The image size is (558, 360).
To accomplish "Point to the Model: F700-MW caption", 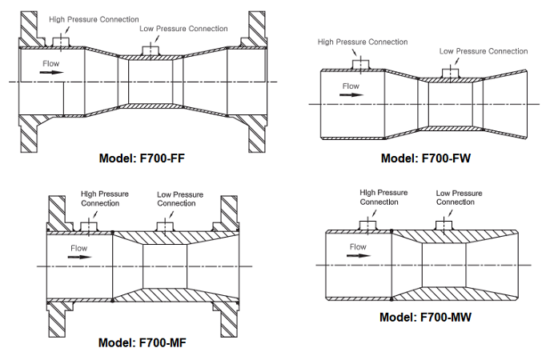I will [x=425, y=317].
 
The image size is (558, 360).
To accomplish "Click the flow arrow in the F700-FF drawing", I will [x=51, y=72].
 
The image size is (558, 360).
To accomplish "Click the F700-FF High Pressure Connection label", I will [x=94, y=18].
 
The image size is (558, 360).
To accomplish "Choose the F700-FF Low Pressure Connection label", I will [x=183, y=29].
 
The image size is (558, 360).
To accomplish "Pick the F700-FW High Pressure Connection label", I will [x=363, y=42].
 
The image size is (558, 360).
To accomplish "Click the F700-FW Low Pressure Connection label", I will [x=484, y=51].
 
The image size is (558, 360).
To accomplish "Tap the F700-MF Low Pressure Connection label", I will [x=180, y=198].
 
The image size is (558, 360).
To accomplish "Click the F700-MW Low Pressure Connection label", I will [x=459, y=198].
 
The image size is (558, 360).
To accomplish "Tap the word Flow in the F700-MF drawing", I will [x=78, y=249].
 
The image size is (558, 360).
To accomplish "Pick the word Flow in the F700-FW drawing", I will [x=351, y=86].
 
